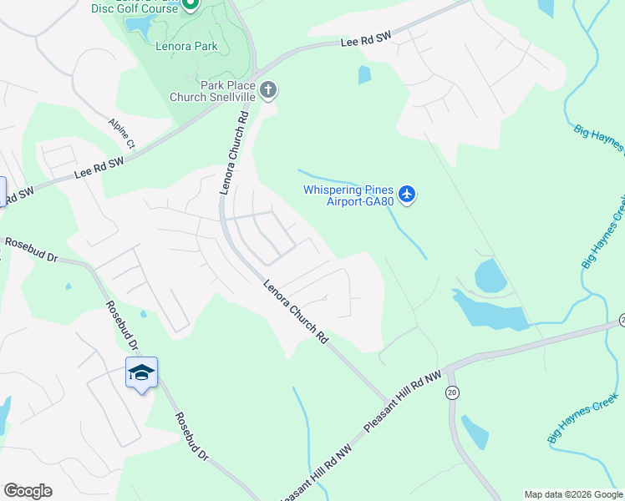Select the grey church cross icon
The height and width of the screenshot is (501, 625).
click(268, 89)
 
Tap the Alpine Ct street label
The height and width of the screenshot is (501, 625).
click(120, 134)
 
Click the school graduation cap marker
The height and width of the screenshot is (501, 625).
click(141, 373)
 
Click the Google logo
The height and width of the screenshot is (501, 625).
click(28, 491)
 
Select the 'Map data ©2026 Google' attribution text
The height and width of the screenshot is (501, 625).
click(573, 494)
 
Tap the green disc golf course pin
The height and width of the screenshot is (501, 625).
click(191, 4)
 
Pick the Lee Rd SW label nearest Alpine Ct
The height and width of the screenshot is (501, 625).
click(99, 166)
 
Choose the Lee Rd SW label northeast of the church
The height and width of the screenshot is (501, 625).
click(367, 41)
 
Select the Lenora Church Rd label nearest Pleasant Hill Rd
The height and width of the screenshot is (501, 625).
click(295, 311)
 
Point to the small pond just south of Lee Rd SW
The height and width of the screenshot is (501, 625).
click(364, 75)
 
